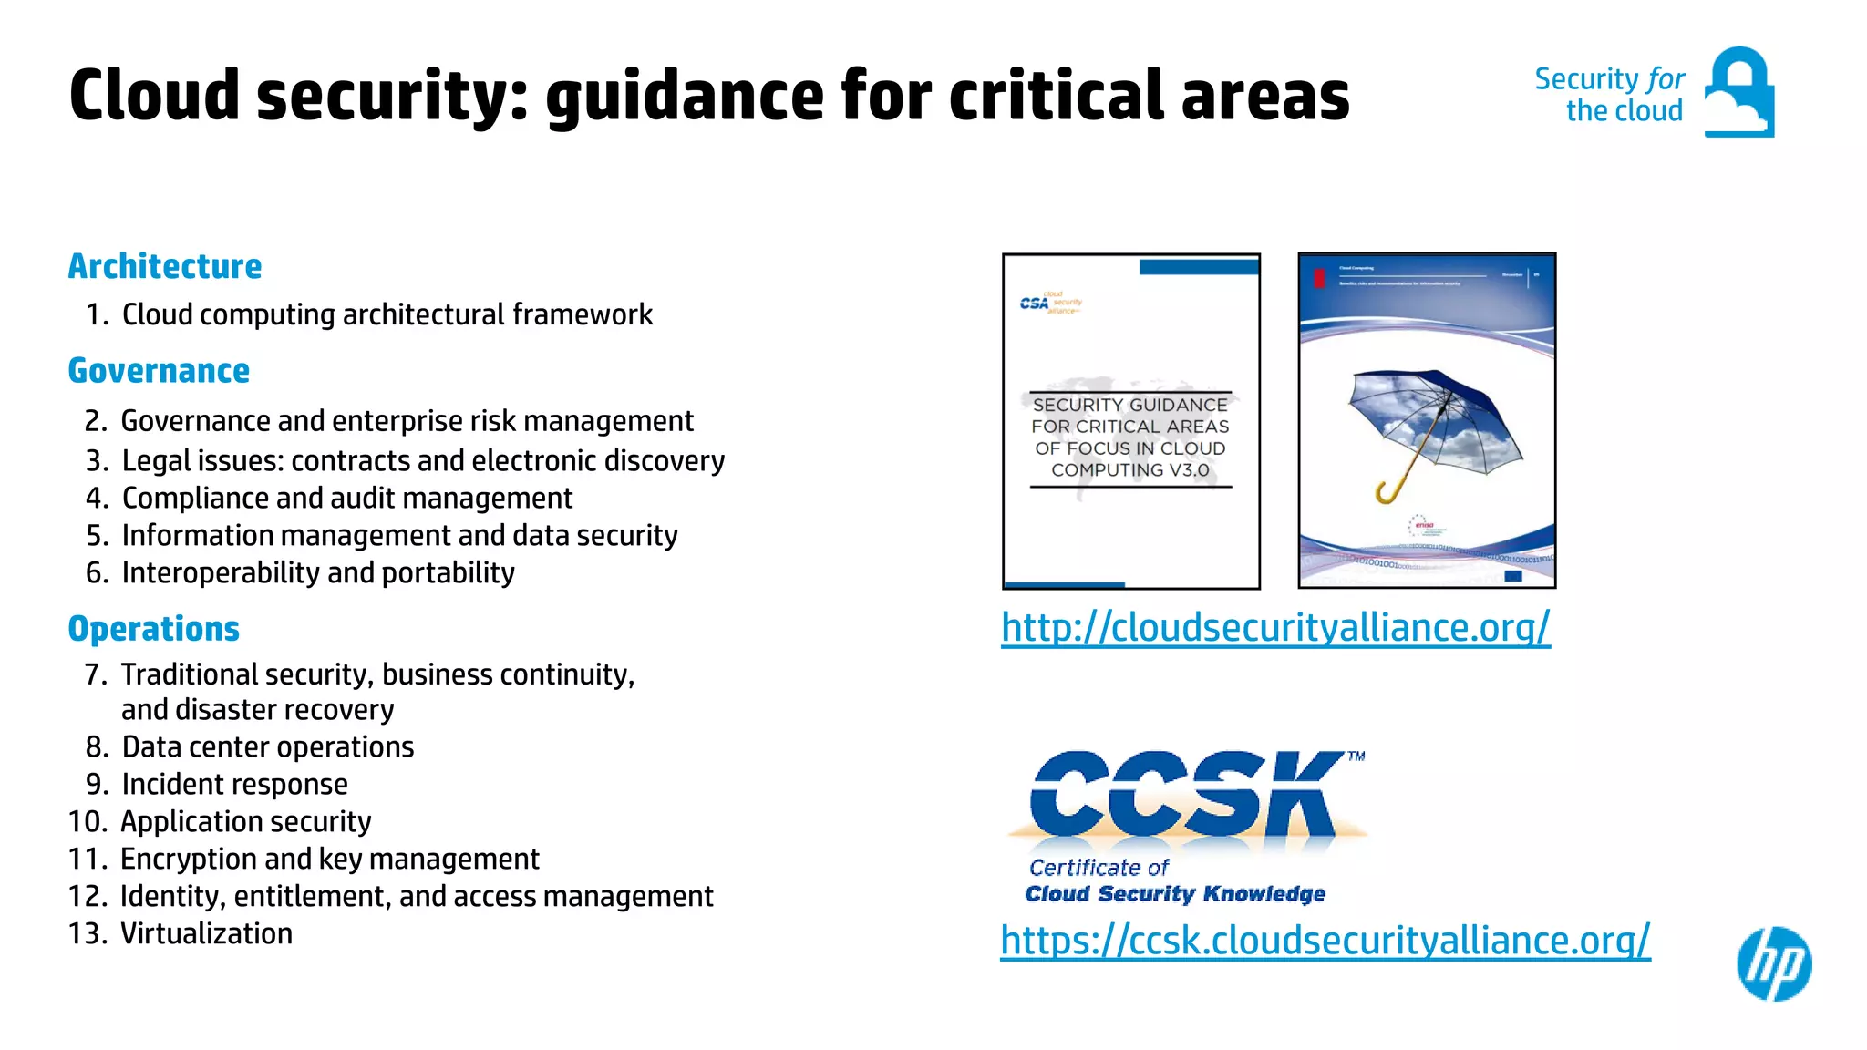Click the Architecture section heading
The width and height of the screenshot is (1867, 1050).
point(165,266)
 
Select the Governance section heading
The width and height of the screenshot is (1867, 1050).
point(159,371)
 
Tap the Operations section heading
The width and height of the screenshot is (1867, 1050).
point(154,629)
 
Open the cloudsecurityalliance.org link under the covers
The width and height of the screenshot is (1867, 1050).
point(1275,627)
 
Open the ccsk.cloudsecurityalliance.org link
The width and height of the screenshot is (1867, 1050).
point(1325,940)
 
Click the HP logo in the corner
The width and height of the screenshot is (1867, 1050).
point(1774,964)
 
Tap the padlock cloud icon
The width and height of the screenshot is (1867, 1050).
point(1738,92)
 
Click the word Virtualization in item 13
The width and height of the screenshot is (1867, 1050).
point(207,933)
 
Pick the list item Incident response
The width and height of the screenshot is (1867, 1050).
point(234,784)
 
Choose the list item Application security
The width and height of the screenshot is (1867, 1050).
point(246,821)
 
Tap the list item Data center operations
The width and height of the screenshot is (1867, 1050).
point(268,746)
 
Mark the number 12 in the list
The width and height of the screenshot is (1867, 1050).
point(87,896)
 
